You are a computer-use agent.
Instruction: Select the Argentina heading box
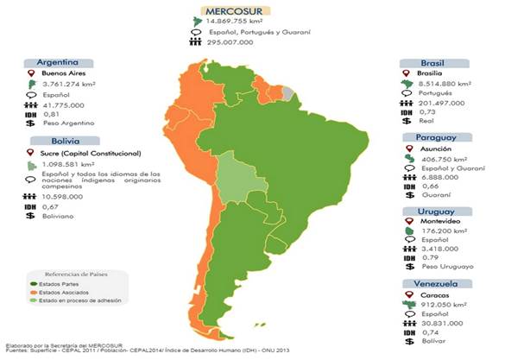pyautogui.click(x=59, y=62)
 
